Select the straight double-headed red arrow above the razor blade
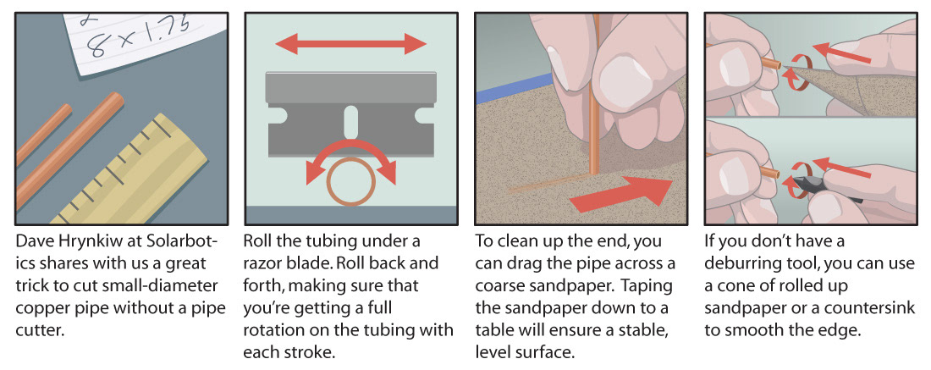(351, 43)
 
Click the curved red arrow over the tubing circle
(351, 144)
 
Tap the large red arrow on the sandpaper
(625, 194)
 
